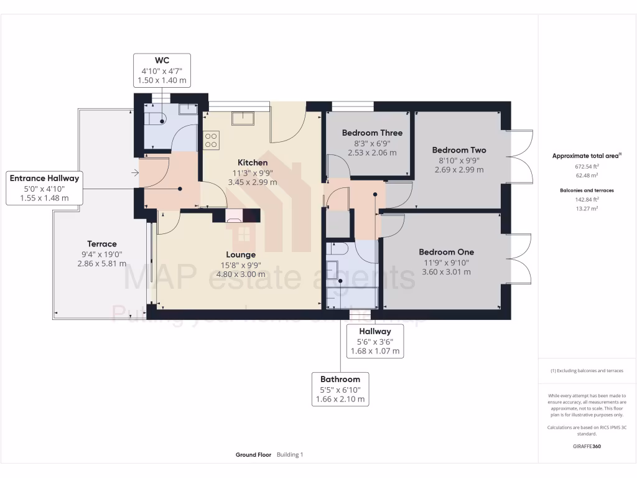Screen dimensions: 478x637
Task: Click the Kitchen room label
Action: tap(252, 162)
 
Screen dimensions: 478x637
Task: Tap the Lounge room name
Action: tap(241, 255)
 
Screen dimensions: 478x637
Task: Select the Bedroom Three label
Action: tap(372, 133)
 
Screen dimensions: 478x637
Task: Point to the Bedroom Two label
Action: tap(459, 150)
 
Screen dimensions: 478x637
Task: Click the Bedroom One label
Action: tap(446, 252)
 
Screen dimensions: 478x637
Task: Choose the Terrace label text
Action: tap(101, 244)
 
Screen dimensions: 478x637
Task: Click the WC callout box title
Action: tap(162, 60)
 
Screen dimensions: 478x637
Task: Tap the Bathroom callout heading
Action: tap(340, 379)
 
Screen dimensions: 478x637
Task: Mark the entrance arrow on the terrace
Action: tap(136, 172)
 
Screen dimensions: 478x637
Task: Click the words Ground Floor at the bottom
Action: tap(253, 455)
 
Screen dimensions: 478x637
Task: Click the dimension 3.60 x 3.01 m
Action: tap(446, 271)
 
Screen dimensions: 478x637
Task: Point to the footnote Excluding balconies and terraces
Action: tap(587, 370)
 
